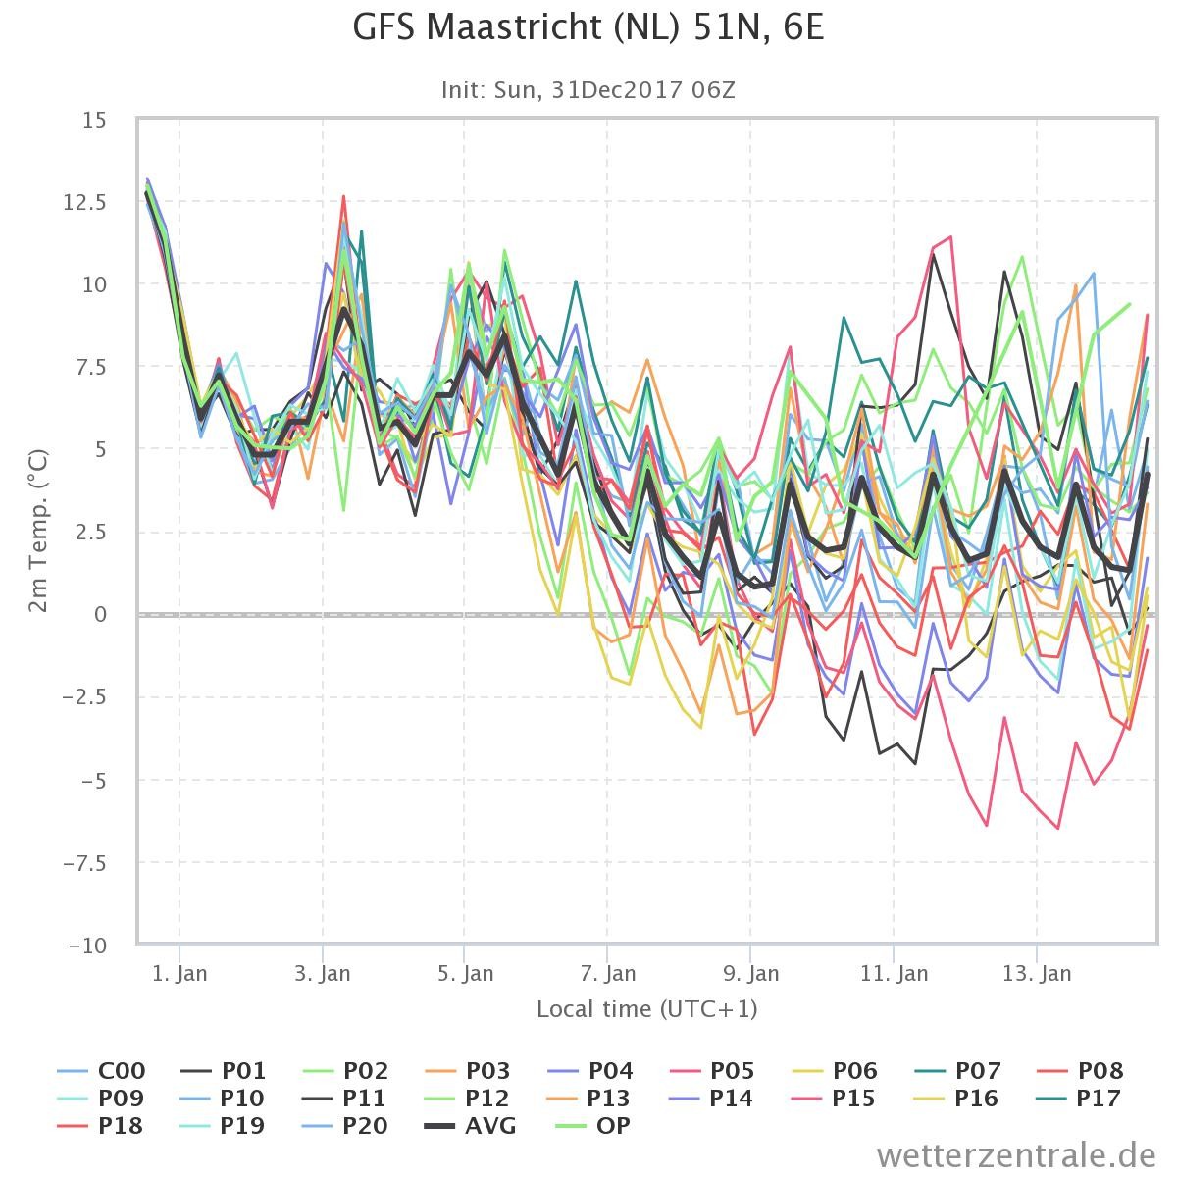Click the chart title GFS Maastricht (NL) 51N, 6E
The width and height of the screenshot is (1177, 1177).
(588, 27)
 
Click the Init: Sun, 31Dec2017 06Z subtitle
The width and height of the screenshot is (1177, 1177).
(588, 90)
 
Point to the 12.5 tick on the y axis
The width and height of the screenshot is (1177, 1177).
(85, 202)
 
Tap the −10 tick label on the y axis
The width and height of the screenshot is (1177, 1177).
(88, 947)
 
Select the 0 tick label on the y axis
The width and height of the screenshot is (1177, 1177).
(101, 614)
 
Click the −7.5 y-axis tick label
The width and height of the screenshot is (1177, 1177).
(84, 863)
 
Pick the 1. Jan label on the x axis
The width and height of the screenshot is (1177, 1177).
(179, 973)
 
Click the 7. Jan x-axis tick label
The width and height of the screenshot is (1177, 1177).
(608, 973)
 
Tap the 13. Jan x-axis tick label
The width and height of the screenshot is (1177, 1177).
(1037, 973)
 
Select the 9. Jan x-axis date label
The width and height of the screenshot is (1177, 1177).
(750, 973)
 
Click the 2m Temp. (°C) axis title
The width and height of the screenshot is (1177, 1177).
(38, 531)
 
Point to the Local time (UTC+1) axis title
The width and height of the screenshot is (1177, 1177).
(646, 1009)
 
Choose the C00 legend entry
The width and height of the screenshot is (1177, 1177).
(101, 1071)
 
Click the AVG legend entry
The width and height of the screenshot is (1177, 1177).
(471, 1125)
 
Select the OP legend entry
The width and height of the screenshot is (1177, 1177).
(593, 1125)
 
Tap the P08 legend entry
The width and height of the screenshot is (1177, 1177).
(1081, 1071)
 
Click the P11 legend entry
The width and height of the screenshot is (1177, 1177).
(344, 1099)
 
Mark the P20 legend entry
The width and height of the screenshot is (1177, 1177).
(345, 1125)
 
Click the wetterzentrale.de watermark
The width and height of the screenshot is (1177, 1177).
(1016, 1155)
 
